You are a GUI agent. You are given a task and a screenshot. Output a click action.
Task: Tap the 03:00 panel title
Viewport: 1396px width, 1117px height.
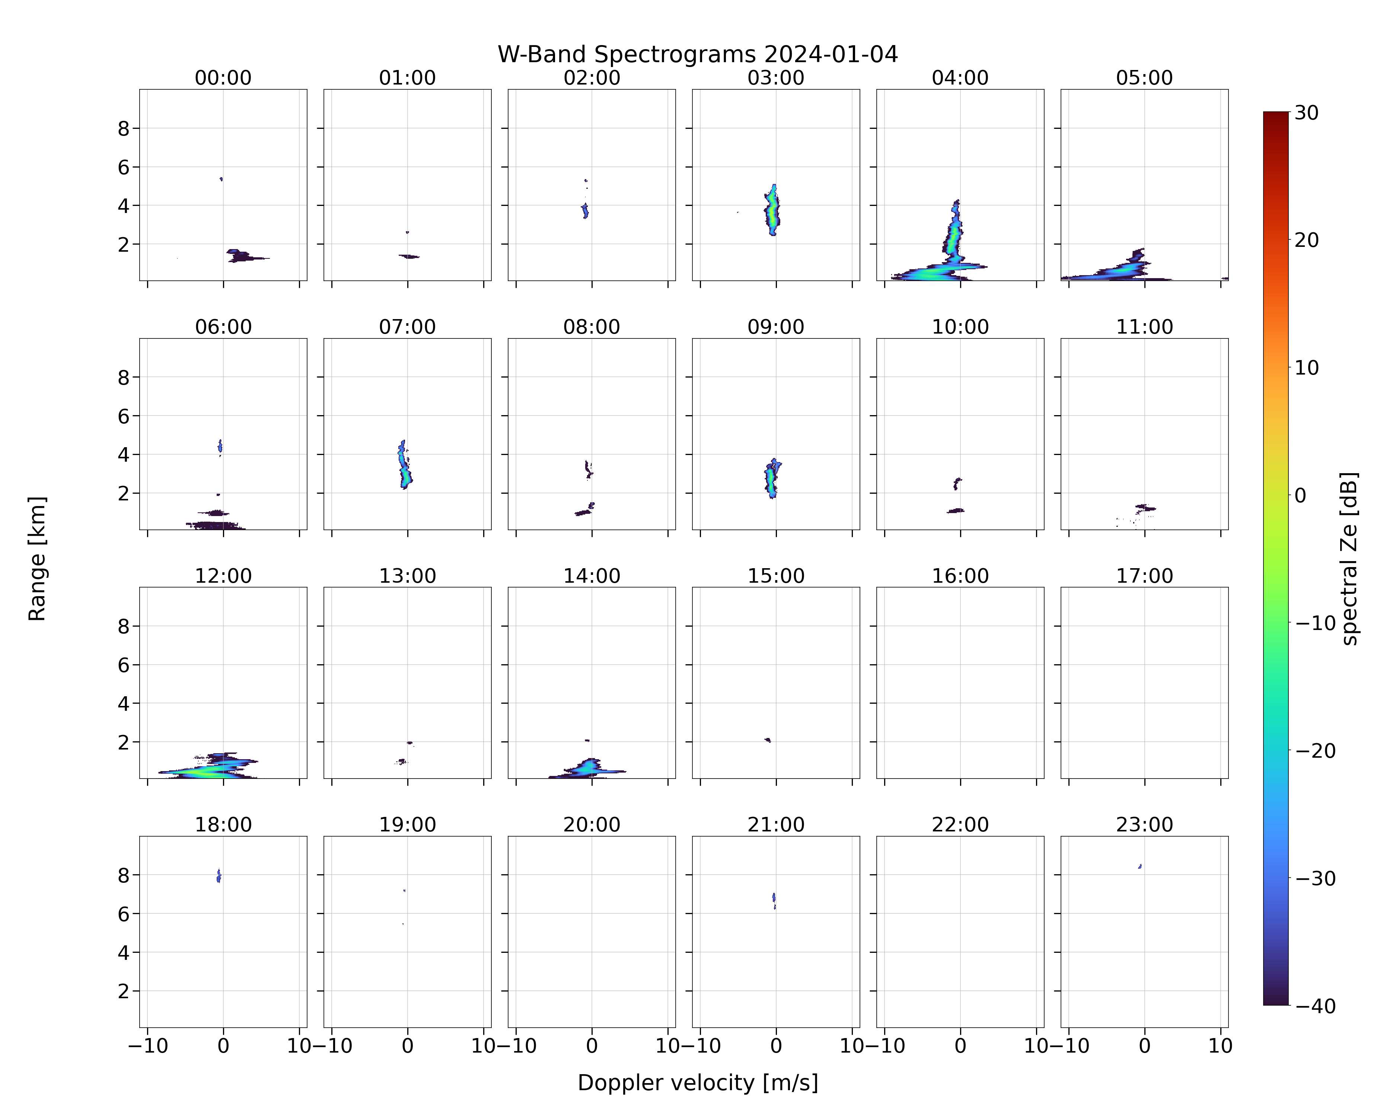(x=776, y=78)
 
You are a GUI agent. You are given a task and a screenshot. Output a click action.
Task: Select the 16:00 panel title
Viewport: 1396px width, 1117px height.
(x=960, y=576)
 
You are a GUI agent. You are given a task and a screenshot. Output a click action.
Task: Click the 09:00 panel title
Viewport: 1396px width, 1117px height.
(x=776, y=327)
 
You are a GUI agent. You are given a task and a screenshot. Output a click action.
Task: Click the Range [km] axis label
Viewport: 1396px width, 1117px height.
(x=37, y=559)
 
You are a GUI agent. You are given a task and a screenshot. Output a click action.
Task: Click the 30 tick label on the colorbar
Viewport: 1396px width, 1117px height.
(x=1307, y=113)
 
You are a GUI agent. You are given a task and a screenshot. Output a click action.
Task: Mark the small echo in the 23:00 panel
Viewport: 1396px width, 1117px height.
(x=1140, y=866)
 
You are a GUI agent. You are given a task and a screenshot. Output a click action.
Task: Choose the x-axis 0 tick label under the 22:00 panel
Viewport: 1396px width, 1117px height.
(x=960, y=1046)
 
